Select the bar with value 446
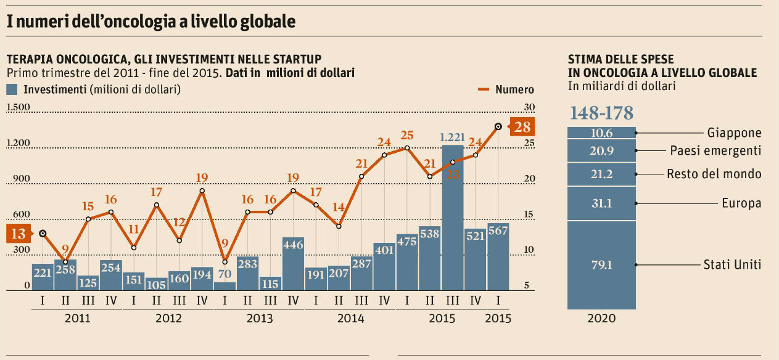[x=293, y=263]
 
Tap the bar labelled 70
[x=225, y=286]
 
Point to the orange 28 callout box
[x=522, y=127]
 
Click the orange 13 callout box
[x=18, y=234]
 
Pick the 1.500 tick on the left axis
[x=18, y=107]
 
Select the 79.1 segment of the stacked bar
[x=601, y=265]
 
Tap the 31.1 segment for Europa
[x=601, y=203]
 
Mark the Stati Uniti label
[x=732, y=264]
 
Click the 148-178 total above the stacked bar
[x=601, y=113]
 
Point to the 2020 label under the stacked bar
[x=601, y=319]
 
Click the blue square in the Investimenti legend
[x=12, y=89]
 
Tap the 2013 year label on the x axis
[x=259, y=319]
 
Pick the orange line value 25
[x=407, y=135]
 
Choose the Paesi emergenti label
[x=715, y=151]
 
